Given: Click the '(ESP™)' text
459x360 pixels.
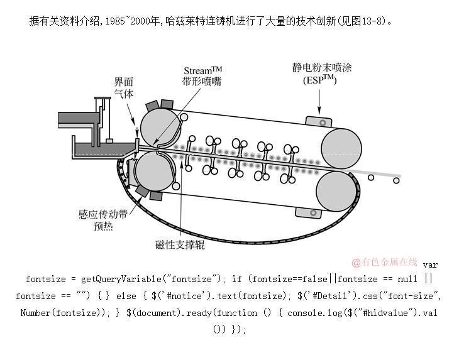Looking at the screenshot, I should (x=319, y=80).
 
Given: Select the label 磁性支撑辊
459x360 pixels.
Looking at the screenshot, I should (x=180, y=245).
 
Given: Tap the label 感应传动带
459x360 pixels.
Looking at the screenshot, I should (x=103, y=214).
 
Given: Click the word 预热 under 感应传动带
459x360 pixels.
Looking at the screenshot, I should (x=103, y=226).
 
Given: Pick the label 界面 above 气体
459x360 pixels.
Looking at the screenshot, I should (x=123, y=82).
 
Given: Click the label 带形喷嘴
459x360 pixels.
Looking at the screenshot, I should (x=201, y=82).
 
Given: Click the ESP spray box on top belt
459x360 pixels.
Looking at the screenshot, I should (x=321, y=121).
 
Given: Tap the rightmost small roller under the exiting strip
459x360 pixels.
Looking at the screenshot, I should (x=396, y=181).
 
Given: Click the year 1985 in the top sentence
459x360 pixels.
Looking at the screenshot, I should (x=115, y=21).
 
